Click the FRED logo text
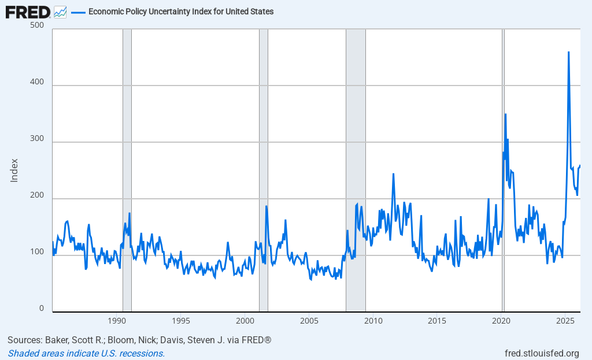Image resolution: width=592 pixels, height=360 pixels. (x=28, y=11)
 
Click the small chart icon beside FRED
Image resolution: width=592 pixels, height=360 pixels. (x=60, y=12)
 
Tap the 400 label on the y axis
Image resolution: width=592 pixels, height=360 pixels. (x=37, y=82)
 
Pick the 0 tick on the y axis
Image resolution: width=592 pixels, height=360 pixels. (x=42, y=309)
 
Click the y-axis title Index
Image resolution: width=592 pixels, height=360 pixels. (x=14, y=170)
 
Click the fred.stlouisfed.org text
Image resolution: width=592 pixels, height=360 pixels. (x=542, y=353)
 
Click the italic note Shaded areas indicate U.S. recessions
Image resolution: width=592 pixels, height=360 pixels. (x=86, y=353)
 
